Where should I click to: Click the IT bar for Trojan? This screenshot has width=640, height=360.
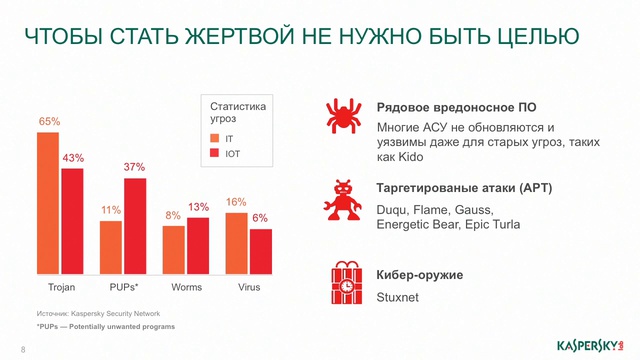coord(49,201)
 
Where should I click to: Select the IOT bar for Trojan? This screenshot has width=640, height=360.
coord(72,219)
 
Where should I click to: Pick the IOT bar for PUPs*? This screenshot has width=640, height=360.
coord(135,224)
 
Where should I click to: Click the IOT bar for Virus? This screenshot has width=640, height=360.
coord(261,249)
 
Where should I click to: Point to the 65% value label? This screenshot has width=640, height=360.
coord(49,122)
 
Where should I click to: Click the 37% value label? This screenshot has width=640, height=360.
coord(135,167)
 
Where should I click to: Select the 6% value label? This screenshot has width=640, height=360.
coord(260,218)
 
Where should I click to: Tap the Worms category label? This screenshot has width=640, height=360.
coord(186,288)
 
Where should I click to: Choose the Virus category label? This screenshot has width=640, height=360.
coord(249,288)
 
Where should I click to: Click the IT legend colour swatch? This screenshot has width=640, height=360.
coord(214,138)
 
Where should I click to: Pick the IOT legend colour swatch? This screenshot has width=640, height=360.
coord(214,153)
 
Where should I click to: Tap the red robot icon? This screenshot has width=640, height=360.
coord(344,199)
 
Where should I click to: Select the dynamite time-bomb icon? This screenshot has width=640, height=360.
coord(344,284)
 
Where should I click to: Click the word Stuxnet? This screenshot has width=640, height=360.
coord(398,297)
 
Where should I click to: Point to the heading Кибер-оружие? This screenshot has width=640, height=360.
coord(419,275)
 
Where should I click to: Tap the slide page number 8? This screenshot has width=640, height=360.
coord(23,349)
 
